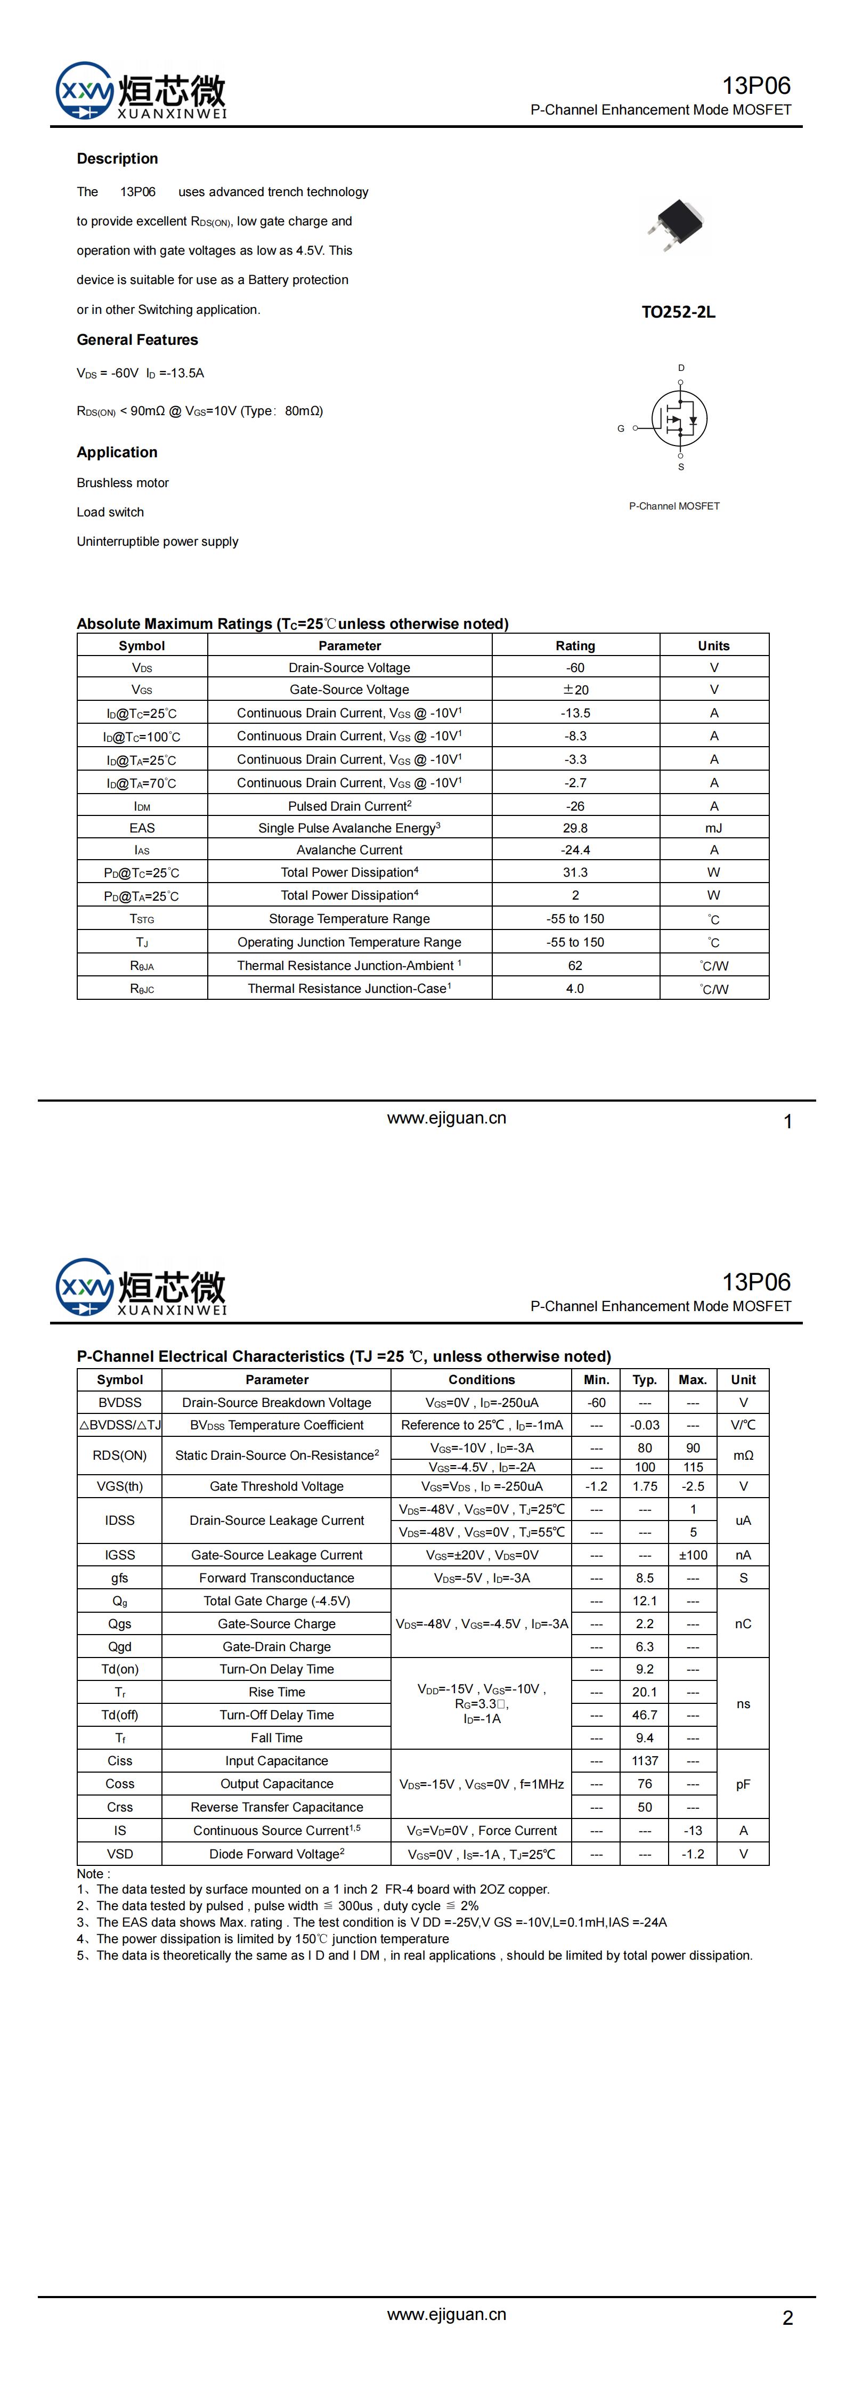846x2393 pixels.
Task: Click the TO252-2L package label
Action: (678, 312)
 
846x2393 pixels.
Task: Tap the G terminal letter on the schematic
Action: (620, 429)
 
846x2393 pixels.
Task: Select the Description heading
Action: (117, 159)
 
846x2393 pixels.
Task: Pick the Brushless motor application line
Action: (123, 483)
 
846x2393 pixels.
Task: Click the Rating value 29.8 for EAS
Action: (575, 828)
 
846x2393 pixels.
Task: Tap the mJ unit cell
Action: (713, 828)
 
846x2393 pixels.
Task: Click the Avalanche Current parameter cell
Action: (349, 850)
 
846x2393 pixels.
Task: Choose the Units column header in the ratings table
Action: (713, 645)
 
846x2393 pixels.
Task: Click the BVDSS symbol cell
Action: (120, 1403)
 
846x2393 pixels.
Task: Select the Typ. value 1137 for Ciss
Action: (645, 1760)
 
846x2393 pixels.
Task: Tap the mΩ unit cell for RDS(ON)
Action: (743, 1456)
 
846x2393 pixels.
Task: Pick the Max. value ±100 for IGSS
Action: (693, 1555)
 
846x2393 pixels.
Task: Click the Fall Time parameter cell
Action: (276, 1738)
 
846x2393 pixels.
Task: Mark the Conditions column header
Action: (481, 1379)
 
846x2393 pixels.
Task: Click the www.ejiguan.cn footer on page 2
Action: (446, 2314)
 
